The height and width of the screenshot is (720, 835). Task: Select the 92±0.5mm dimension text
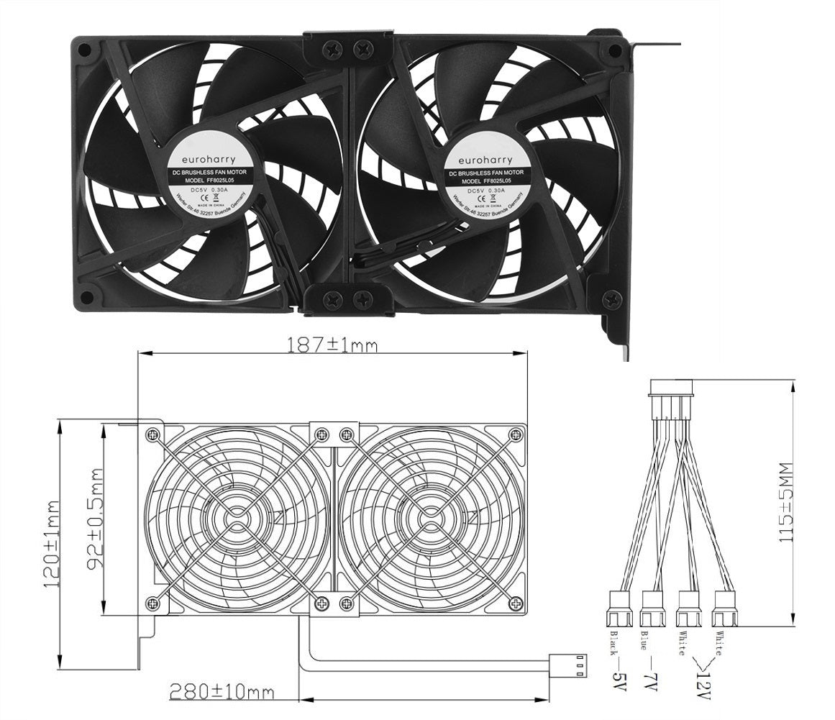(95, 520)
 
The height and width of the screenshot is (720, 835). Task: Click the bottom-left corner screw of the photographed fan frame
(86, 295)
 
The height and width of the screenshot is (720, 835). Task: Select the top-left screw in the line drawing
(152, 434)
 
